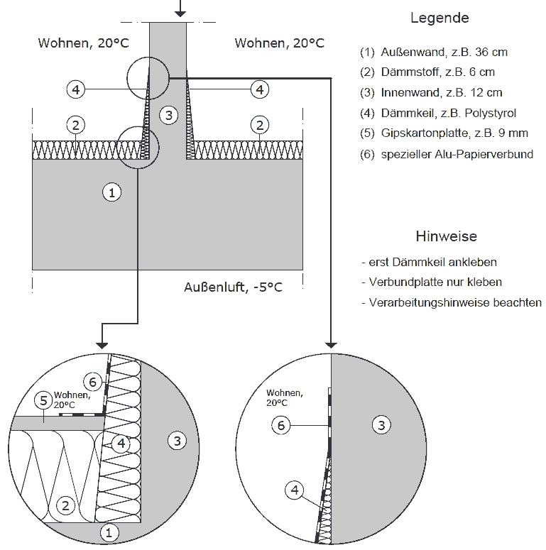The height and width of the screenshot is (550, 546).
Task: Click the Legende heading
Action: [439, 18]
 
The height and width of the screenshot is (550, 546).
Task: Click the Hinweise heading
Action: [445, 236]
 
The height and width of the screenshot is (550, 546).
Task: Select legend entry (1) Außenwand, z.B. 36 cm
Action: [434, 52]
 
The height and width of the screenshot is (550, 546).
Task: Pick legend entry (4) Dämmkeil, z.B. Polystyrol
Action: [438, 113]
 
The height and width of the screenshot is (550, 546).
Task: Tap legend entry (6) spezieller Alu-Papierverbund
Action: [447, 154]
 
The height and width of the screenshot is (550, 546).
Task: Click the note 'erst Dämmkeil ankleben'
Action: [429, 262]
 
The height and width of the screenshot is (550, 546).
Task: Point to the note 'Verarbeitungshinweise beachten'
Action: [452, 302]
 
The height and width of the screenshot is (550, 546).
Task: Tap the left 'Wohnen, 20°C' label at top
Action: [83, 43]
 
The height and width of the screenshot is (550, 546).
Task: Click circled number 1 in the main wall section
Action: [111, 191]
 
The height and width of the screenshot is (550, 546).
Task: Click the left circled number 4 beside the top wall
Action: [76, 89]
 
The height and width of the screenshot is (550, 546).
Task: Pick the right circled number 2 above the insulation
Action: [261, 126]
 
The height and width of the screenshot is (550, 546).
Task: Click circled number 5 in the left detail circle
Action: [44, 402]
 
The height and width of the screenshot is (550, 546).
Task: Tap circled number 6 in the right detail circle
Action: [281, 425]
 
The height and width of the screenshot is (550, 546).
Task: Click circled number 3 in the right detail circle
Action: [381, 425]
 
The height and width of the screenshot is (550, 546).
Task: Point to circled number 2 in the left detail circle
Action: [65, 506]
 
